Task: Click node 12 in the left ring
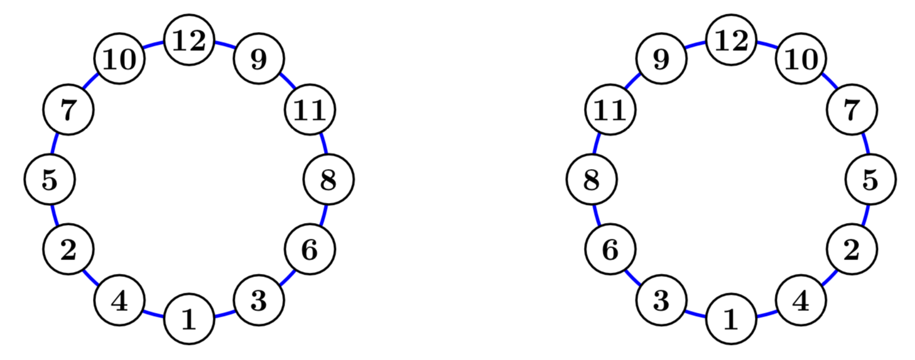189,41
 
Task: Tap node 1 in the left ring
189,320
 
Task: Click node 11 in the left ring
310,111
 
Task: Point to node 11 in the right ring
610,111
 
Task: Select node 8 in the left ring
328,180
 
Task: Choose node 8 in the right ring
592,180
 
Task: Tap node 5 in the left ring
50,180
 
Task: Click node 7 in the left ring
68,111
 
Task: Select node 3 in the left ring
259,301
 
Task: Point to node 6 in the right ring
610,250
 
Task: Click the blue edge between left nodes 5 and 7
55,144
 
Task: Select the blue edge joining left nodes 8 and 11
323,144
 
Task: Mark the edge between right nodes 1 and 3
695,312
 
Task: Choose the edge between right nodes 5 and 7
865,144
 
